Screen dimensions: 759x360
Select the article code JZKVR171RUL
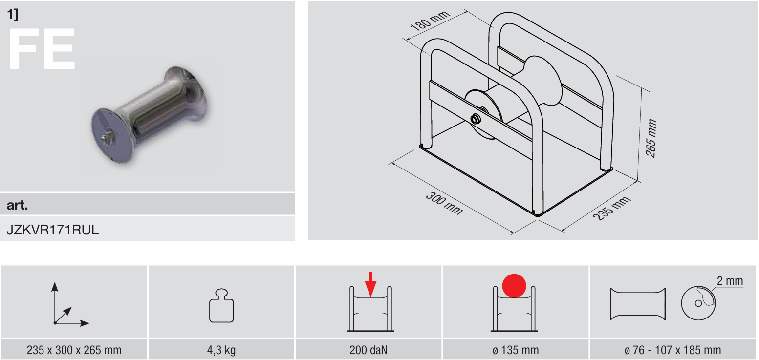52,230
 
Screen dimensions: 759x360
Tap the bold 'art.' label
17,205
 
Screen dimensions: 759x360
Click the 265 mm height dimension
651,138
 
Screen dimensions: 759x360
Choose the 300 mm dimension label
444,203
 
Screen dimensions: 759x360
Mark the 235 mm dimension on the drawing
611,208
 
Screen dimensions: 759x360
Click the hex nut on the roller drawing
476,119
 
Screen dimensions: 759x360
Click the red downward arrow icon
370,284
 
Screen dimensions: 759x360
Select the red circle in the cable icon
514,286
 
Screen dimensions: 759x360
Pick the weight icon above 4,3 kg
221,305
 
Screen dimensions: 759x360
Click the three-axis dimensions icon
70,304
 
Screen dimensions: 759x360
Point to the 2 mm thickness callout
730,281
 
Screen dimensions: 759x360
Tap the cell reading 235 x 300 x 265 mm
74,350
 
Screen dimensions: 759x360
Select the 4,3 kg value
221,350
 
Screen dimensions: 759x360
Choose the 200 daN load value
369,350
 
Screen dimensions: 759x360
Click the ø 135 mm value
516,350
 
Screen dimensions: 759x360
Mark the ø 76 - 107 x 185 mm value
672,350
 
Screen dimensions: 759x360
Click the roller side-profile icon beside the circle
638,304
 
